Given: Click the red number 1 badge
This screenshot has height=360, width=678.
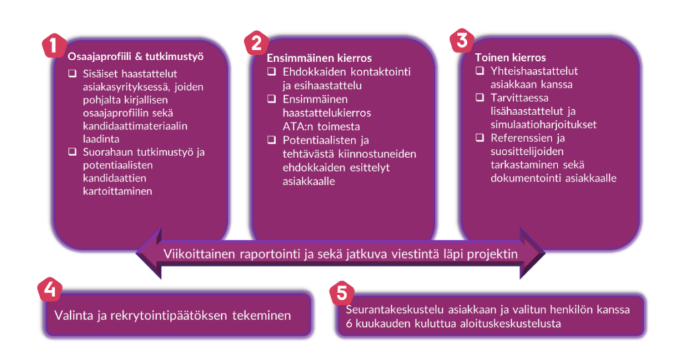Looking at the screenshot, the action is (x=54, y=46).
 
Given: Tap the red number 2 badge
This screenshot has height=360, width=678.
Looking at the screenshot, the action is (x=256, y=44).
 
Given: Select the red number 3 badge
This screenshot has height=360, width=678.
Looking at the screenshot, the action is (x=461, y=40).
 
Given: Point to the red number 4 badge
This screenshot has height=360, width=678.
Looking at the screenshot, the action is (x=50, y=289).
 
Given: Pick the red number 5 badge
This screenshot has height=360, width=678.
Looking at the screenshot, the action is (x=342, y=293).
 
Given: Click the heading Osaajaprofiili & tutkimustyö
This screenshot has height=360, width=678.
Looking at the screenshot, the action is (x=135, y=57).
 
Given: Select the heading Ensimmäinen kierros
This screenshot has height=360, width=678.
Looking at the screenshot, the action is (x=319, y=58).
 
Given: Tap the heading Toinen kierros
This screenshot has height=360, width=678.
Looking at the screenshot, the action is (x=510, y=58).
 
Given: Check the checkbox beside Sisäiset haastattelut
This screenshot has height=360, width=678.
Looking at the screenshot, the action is (x=72, y=73).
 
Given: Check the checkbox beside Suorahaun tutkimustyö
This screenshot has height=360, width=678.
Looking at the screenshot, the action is (x=72, y=152).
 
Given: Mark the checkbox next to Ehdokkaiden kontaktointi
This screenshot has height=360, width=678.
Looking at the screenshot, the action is (x=271, y=71).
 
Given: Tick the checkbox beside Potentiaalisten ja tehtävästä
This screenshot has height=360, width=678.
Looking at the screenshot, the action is (x=271, y=140).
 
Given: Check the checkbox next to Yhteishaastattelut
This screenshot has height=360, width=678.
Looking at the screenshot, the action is (x=479, y=70).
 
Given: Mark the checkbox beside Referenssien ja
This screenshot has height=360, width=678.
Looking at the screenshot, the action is (x=479, y=138).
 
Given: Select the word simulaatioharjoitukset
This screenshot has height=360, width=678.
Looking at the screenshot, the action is (x=544, y=124).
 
